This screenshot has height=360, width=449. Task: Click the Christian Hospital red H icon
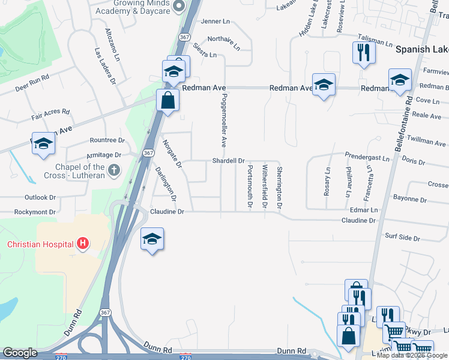tap(83, 244)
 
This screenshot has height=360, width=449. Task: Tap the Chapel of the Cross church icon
tap(114, 172)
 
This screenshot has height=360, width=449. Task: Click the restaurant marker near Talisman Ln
tap(364, 52)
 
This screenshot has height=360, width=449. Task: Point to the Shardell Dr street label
tap(229, 161)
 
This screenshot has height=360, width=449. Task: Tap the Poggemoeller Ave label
tap(223, 120)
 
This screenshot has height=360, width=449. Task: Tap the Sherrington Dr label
tap(279, 187)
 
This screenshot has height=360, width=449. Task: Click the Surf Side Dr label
tap(402, 238)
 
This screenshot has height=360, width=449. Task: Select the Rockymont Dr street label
tap(35, 212)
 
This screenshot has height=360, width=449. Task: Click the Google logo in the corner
tap(20, 353)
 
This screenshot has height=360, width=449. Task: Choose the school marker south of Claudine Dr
tap(152, 239)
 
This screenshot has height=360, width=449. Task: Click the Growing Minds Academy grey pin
tap(178, 7)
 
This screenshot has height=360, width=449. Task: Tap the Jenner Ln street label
tap(215, 22)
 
